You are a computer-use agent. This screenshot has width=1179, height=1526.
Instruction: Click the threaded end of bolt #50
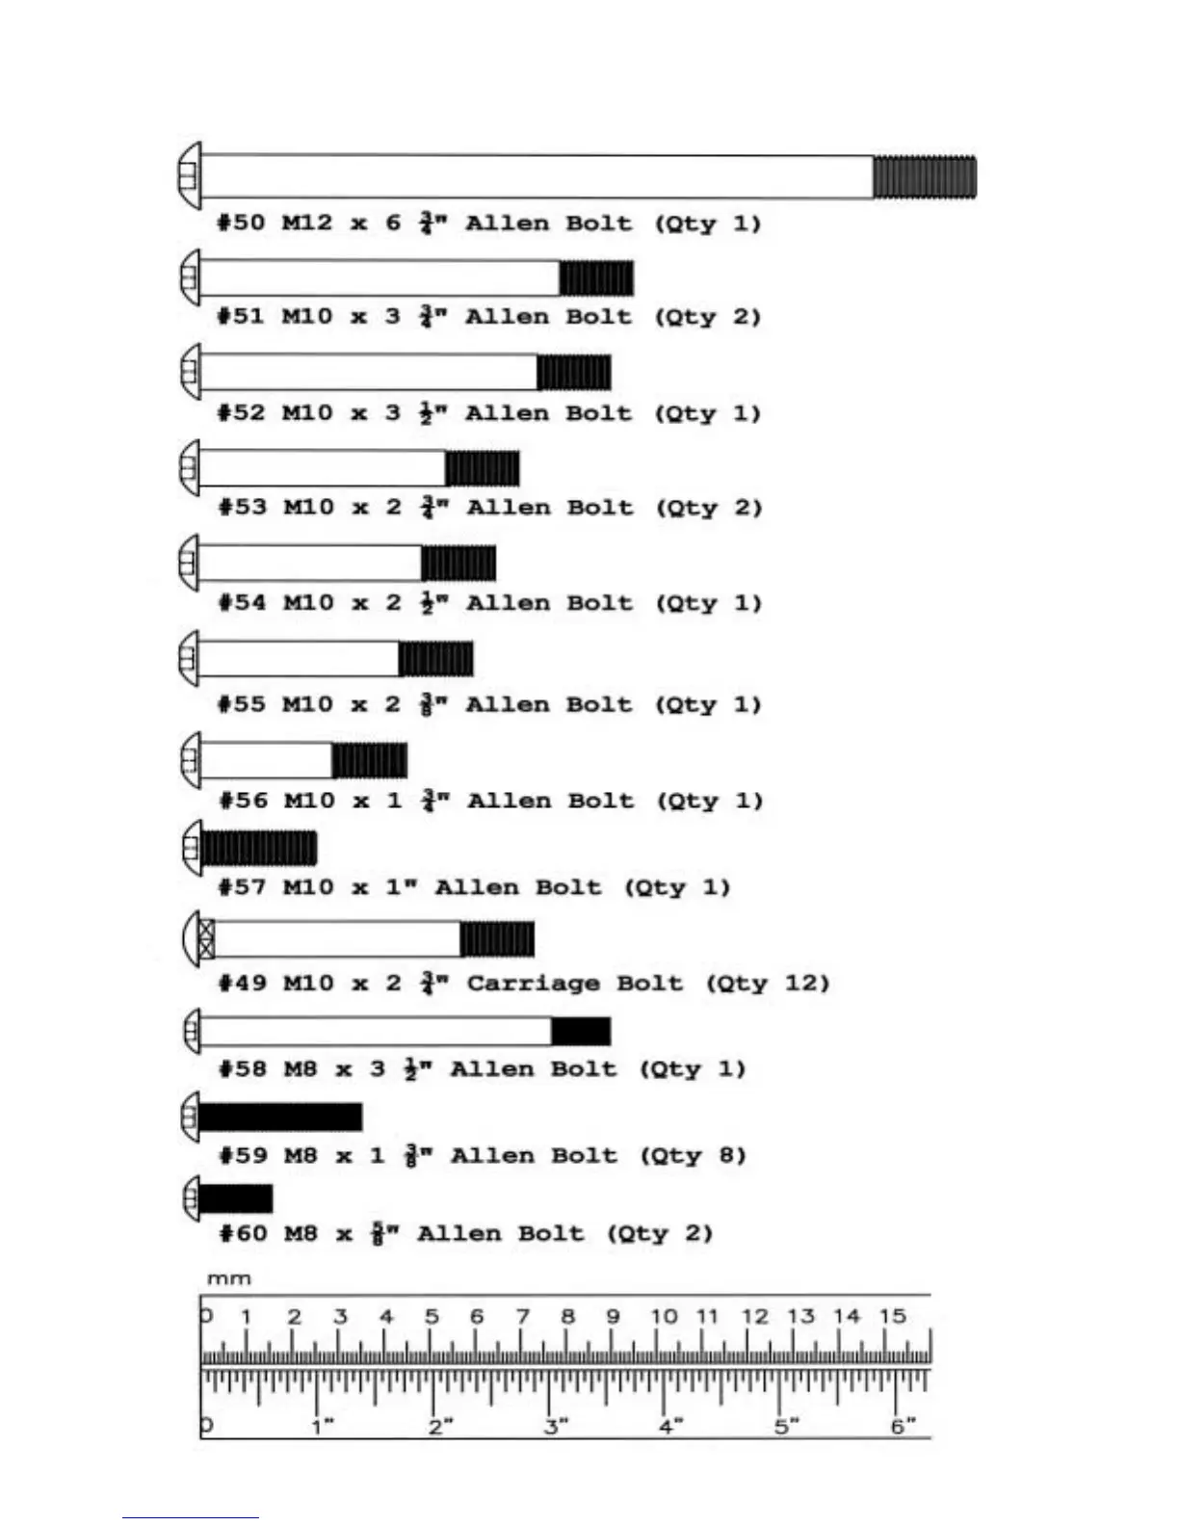pos(925,177)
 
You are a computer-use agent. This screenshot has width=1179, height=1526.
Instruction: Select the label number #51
pos(241,317)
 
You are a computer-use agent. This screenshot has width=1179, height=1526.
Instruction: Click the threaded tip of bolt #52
pos(574,373)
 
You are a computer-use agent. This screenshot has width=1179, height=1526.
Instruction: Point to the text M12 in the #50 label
pos(306,224)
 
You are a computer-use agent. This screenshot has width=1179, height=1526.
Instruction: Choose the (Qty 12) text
pos(768,984)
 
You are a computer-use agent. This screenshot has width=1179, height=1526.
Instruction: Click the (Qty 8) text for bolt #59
pos(694,1155)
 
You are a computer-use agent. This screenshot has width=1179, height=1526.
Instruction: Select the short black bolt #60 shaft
pos(236,1198)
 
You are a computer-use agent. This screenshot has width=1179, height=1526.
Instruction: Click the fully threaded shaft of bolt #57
pos(258,849)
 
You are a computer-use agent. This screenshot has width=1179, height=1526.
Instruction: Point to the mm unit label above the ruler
pos(229,1279)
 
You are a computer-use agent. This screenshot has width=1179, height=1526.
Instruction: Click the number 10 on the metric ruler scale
pos(664,1316)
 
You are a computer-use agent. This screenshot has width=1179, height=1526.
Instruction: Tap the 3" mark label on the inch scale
pos(556,1426)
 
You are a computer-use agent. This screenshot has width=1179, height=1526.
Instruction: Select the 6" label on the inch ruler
pos(903,1426)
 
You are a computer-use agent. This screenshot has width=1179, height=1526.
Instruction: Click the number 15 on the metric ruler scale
pos(893,1316)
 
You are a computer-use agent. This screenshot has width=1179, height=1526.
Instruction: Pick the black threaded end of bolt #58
pos(581,1031)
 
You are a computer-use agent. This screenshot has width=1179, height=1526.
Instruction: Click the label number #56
pos(243,801)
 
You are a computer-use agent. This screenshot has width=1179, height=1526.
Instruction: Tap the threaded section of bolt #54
pos(458,564)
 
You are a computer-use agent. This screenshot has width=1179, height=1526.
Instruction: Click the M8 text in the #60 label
pos(301,1234)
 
